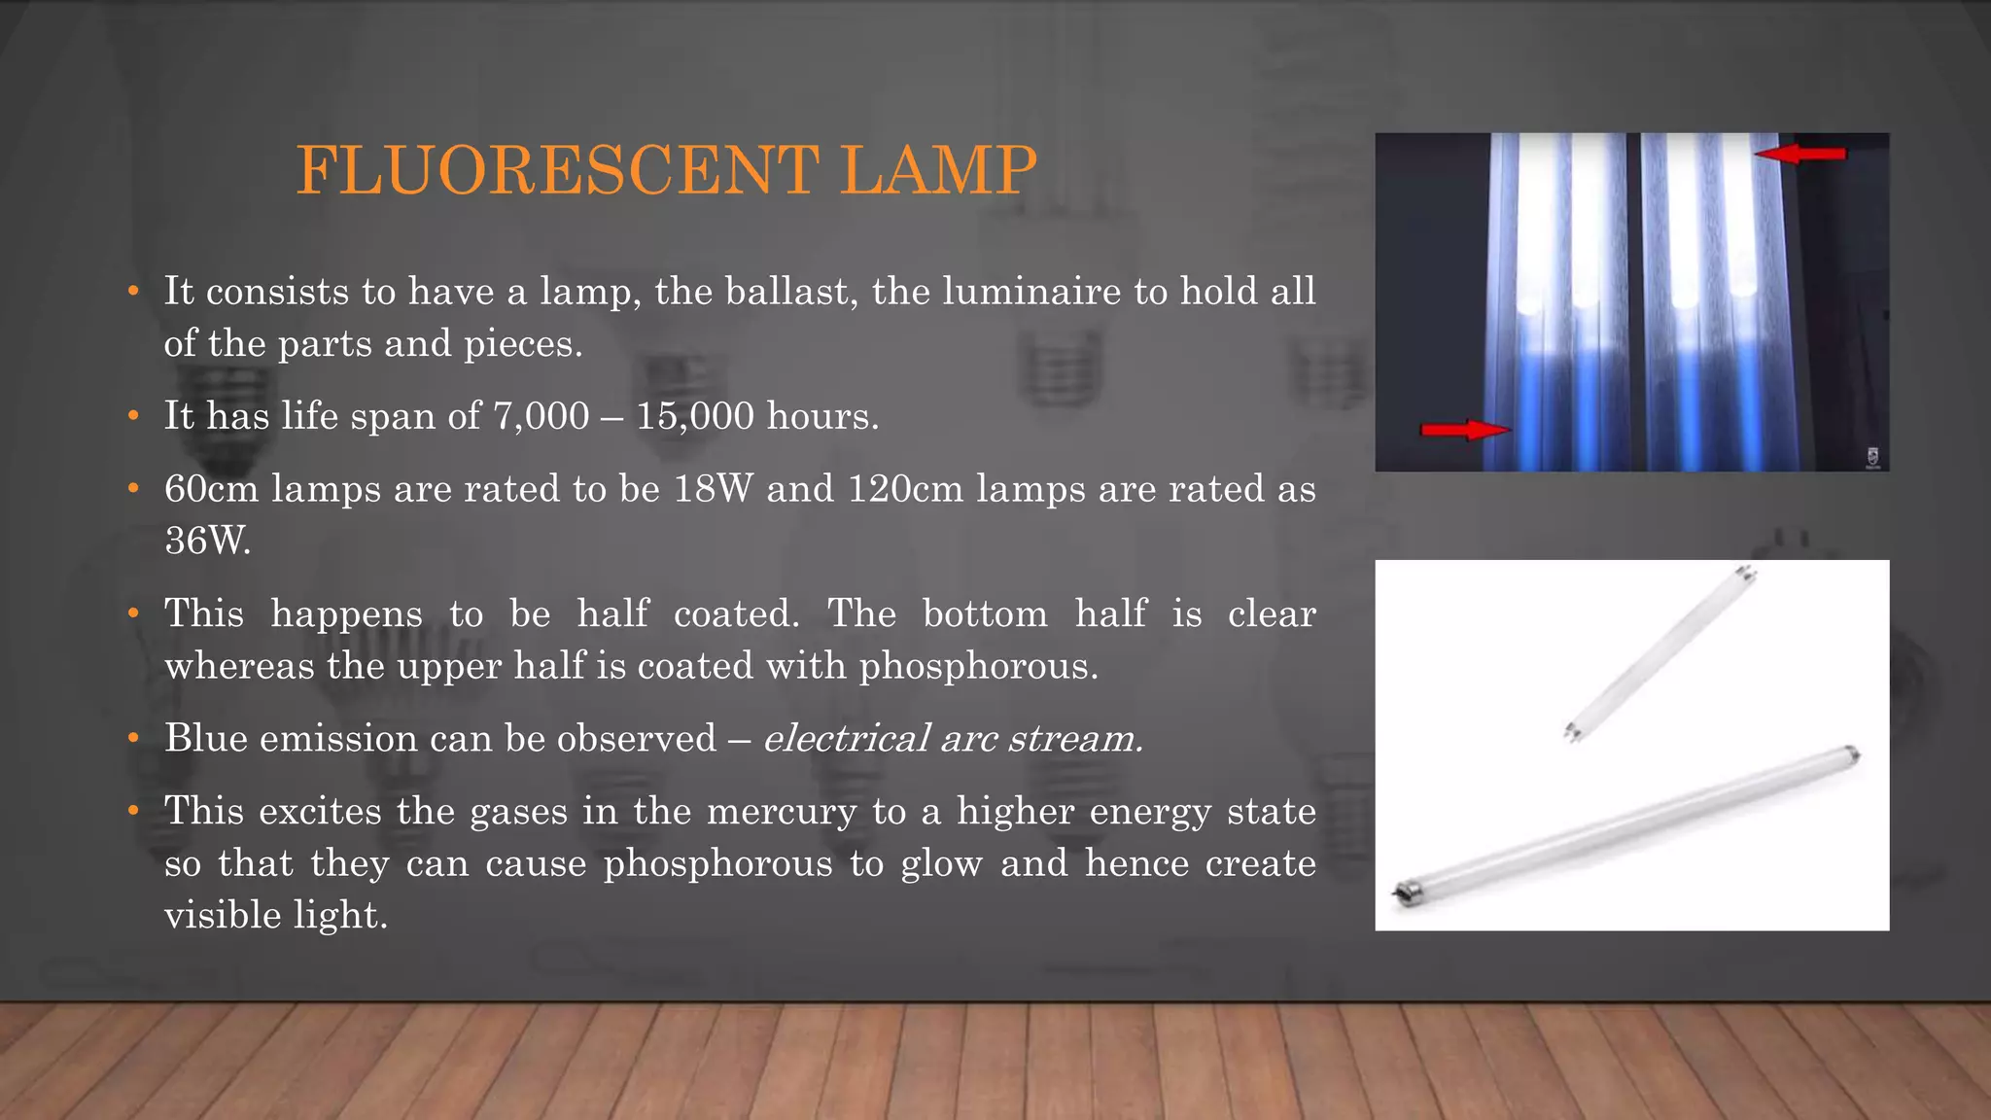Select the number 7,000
[x=541, y=416]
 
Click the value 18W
[x=713, y=489]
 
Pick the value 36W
[x=207, y=541]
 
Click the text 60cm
[x=211, y=489]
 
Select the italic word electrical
[x=846, y=739]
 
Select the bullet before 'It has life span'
[x=133, y=416]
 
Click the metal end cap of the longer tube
[x=1403, y=892]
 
